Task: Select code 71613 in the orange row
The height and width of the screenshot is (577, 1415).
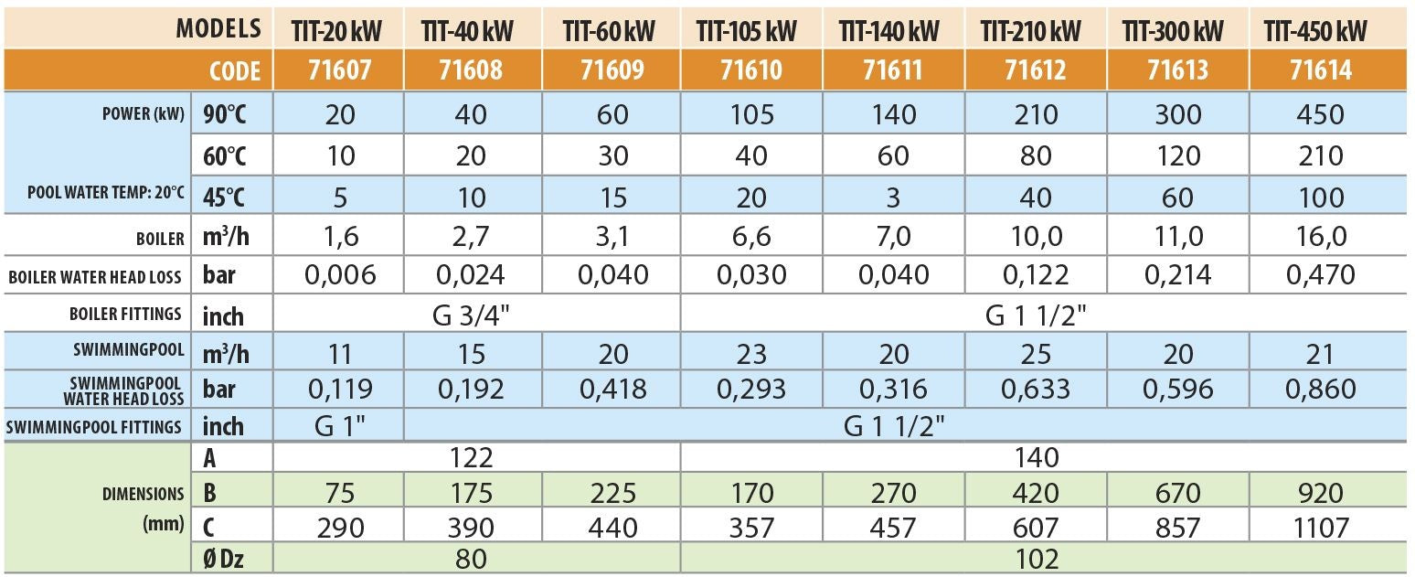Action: pyautogui.click(x=1177, y=70)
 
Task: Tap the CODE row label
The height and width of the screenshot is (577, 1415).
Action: pyautogui.click(x=235, y=71)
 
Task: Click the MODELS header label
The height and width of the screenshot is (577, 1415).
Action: pyautogui.click(x=218, y=29)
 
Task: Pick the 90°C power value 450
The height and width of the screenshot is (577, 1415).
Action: pyautogui.click(x=1320, y=114)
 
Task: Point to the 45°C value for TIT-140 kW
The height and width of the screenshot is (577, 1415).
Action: pyautogui.click(x=892, y=198)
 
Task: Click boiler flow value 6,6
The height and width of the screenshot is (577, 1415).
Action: pyautogui.click(x=751, y=236)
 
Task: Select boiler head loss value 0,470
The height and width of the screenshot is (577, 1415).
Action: pyautogui.click(x=1320, y=275)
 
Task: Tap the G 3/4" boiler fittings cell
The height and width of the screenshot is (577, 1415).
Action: pyautogui.click(x=471, y=314)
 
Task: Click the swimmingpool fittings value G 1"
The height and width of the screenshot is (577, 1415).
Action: pyautogui.click(x=340, y=427)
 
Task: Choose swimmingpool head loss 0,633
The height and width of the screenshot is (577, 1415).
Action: pyautogui.click(x=1036, y=390)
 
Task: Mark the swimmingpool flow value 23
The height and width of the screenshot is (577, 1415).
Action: pyautogui.click(x=751, y=354)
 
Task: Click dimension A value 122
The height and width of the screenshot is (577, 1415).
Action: pyautogui.click(x=471, y=457)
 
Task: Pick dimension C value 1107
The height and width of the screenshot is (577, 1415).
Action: pyautogui.click(x=1321, y=528)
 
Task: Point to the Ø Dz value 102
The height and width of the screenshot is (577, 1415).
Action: pyautogui.click(x=1037, y=560)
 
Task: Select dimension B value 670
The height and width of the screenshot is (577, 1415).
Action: pyautogui.click(x=1177, y=493)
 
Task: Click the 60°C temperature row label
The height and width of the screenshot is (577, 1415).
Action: pyautogui.click(x=224, y=156)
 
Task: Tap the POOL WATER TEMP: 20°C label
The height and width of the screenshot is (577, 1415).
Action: pyautogui.click(x=105, y=192)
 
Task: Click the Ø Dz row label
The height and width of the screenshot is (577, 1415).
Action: pyautogui.click(x=224, y=560)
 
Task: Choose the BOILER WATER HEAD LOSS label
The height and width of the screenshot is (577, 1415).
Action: pyautogui.click(x=95, y=277)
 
